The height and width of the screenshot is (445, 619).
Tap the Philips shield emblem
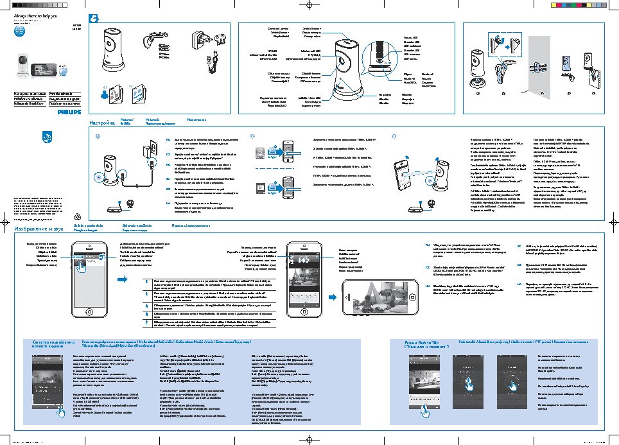(x=46, y=137)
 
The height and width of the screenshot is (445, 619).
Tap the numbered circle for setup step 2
(x=252, y=136)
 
